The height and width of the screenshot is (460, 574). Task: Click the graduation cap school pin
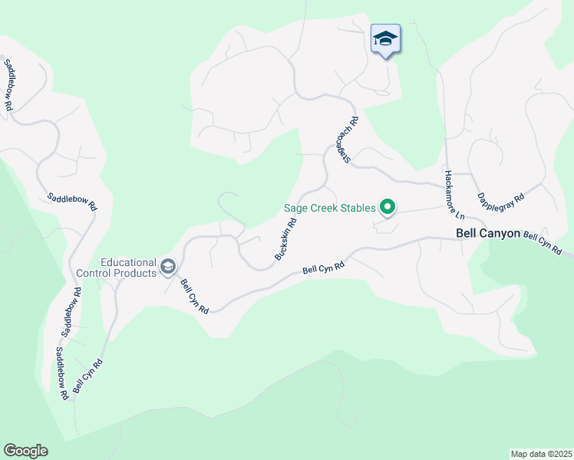[384, 39]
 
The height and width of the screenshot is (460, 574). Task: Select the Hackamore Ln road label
[450, 193]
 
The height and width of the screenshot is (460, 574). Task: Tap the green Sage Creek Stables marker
[388, 206]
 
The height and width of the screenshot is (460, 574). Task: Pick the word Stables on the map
[358, 208]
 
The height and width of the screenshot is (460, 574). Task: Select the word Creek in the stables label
[326, 208]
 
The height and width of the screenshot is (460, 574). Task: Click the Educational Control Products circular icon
[168, 267]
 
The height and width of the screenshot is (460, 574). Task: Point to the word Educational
[128, 261]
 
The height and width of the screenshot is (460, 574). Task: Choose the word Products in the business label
[137, 272]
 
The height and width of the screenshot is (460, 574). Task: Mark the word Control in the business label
[95, 272]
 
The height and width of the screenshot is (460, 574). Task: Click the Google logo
[25, 451]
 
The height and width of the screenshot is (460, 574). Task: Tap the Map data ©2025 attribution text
[540, 454]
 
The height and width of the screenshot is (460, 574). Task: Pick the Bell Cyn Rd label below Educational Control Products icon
[194, 296]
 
